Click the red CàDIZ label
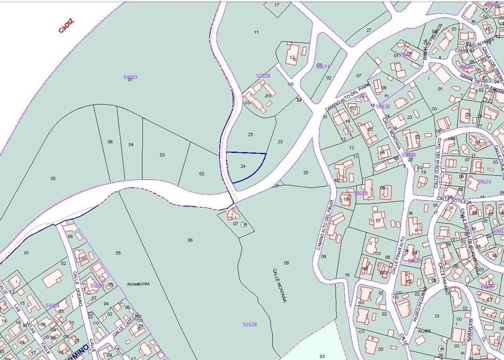tap(66, 26)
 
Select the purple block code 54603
tap(130, 77)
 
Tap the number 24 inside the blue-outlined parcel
tap(243, 166)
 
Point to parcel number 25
tap(250, 134)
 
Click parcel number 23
tap(280, 142)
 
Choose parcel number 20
tap(305, 173)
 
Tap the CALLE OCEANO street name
tap(78, 293)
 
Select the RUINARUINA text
tap(138, 284)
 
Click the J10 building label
tap(268, 96)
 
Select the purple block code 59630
tap(383, 107)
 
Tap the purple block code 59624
tap(484, 182)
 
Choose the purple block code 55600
tap(97, 286)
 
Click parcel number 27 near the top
tap(369, 30)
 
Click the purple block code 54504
tap(52, 306)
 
